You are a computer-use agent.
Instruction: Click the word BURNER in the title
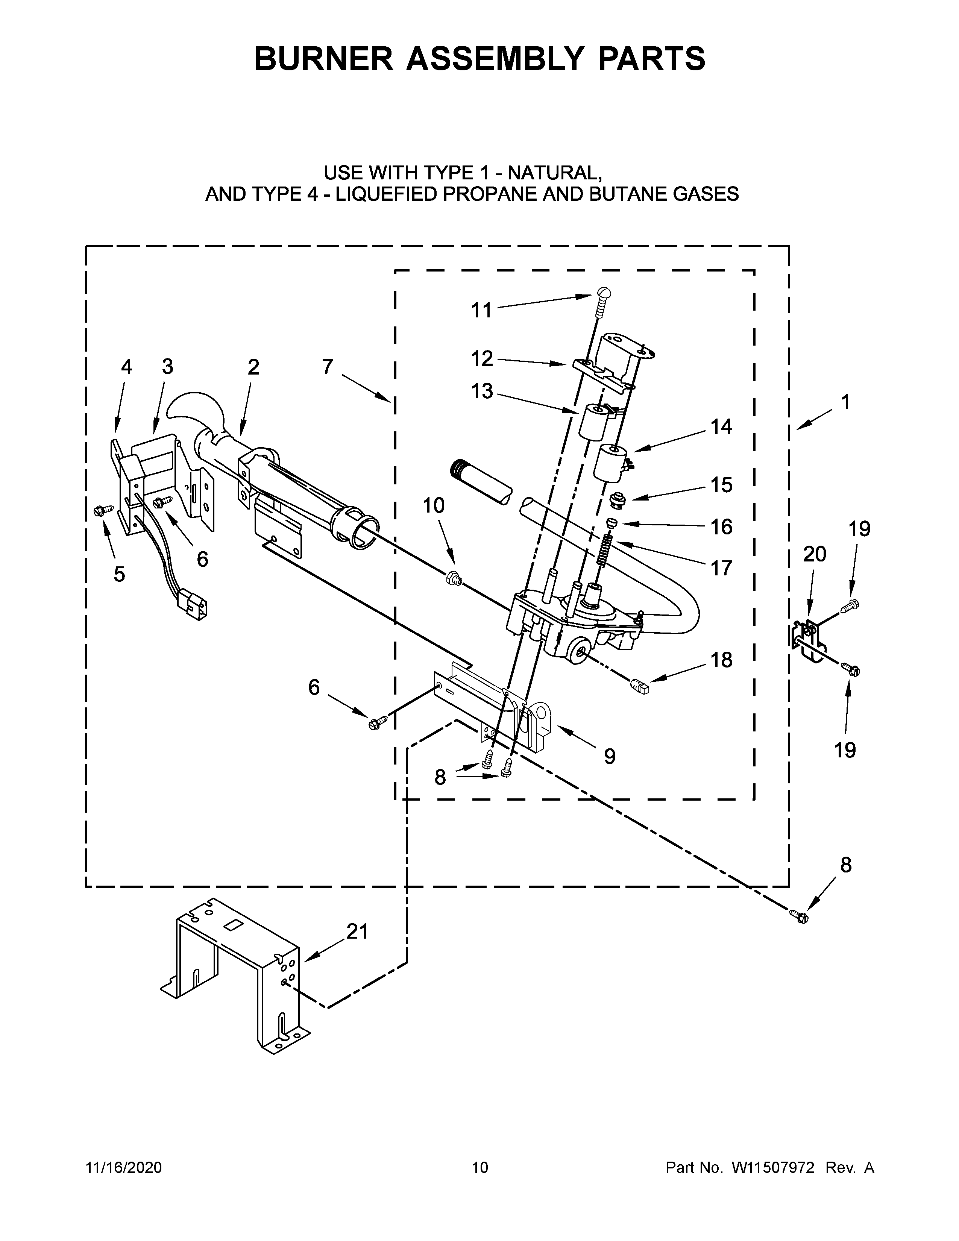point(323,59)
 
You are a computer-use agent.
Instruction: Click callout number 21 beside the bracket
point(357,932)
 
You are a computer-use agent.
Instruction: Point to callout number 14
point(722,426)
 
